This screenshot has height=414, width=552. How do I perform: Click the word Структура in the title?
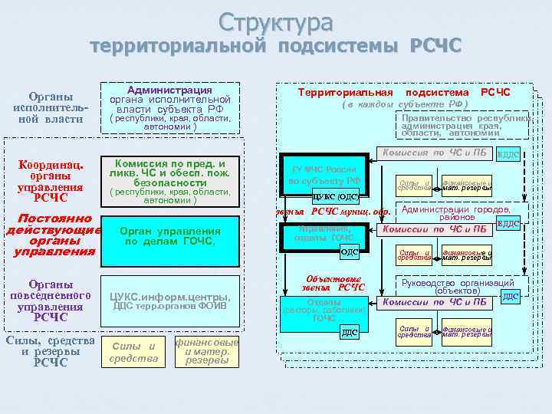[x=275, y=21]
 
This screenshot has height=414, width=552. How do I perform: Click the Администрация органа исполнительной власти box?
[x=171, y=108]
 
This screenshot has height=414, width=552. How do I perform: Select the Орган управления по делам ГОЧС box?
[x=171, y=236]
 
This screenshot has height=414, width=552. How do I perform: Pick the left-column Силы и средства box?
[x=133, y=351]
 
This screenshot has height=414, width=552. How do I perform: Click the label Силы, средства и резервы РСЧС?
[x=50, y=351]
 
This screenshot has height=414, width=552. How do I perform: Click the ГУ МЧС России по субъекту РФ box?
[x=322, y=174]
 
